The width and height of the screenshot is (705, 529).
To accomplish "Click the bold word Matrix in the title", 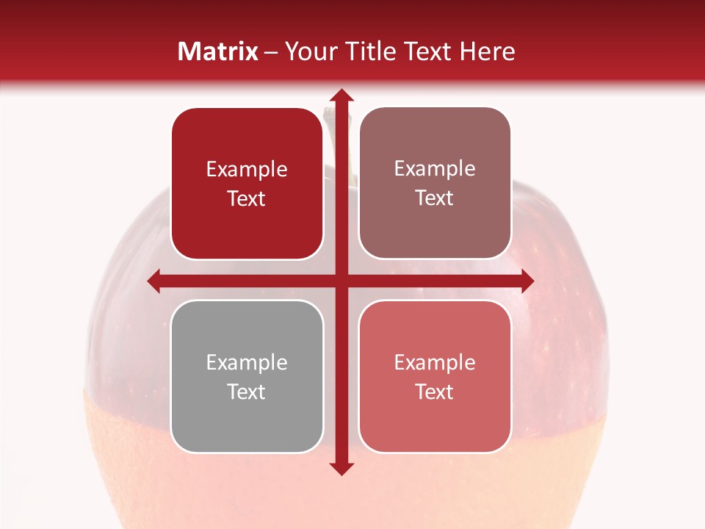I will tap(218, 51).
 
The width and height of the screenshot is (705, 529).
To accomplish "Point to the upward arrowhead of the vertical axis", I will tap(341, 96).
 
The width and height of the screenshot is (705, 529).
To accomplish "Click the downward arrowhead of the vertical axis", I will tap(341, 468).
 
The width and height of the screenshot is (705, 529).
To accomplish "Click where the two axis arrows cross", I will tap(341, 281).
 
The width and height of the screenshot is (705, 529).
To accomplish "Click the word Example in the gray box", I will tap(247, 362).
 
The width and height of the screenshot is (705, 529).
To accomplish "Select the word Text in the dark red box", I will tap(247, 198).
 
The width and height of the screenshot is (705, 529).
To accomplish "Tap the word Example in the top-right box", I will tap(435, 168).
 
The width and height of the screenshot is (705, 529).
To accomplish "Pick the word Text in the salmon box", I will tap(435, 392).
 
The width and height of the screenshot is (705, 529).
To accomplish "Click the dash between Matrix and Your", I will tap(271, 52).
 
